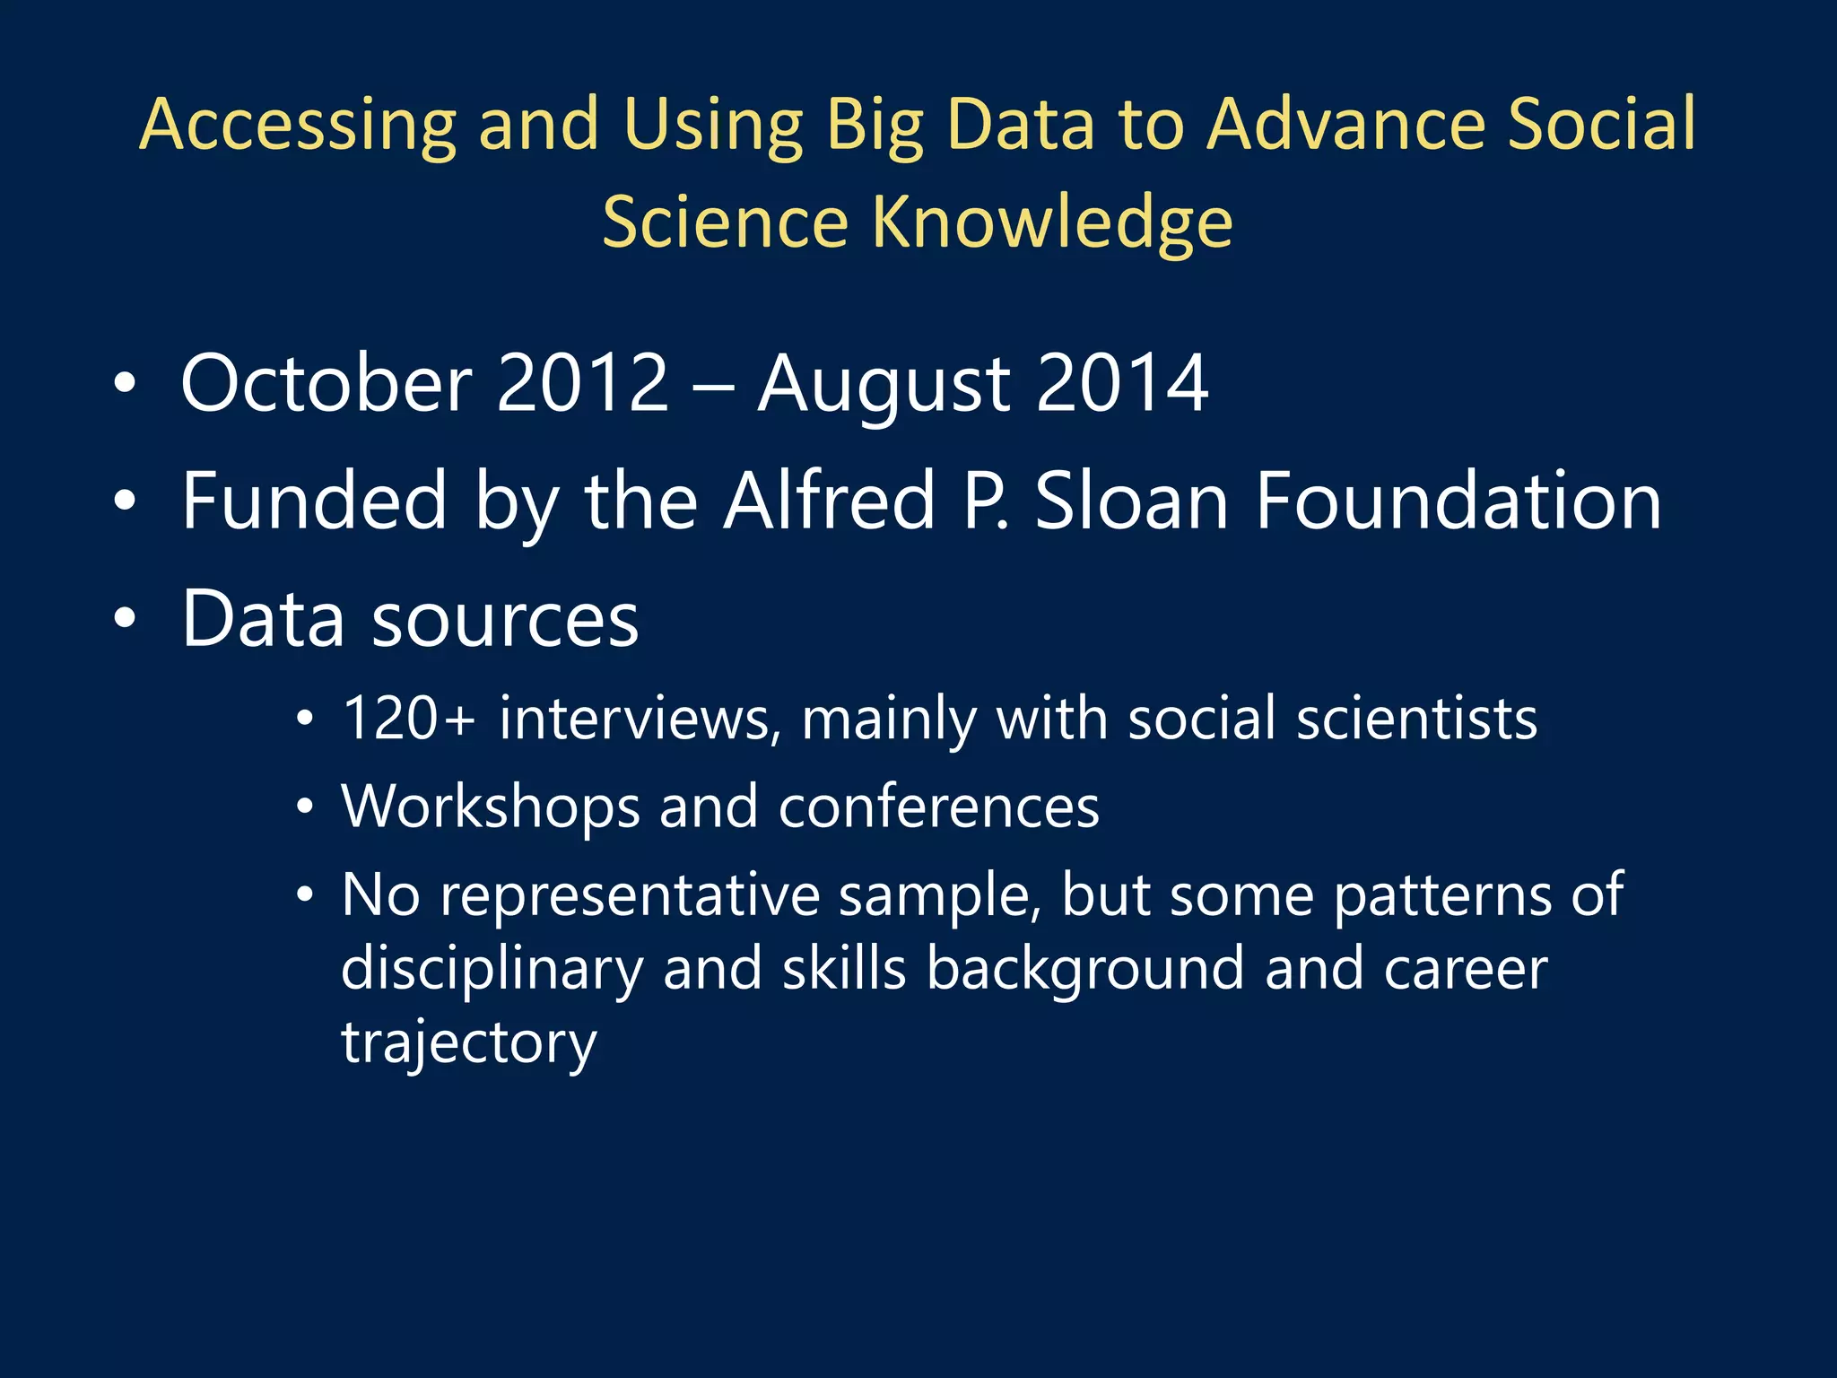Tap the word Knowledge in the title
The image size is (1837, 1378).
point(1052,222)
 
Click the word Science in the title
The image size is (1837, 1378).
point(725,222)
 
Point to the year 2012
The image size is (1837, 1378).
point(582,384)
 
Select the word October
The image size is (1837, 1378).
point(326,384)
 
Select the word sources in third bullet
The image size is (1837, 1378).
point(505,620)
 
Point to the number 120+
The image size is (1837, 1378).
point(408,719)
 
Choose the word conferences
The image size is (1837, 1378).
point(938,807)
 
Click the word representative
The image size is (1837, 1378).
point(630,895)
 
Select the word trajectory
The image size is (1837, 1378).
point(468,1042)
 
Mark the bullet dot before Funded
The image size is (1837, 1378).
point(125,502)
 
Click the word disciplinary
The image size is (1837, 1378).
point(492,969)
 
